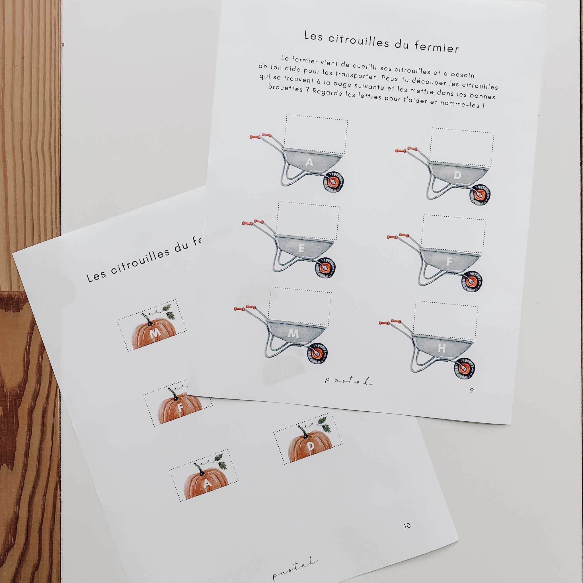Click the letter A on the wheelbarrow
[x=309, y=162]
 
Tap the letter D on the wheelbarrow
[x=457, y=175]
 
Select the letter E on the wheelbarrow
[x=301, y=248]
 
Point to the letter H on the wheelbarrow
[x=442, y=348]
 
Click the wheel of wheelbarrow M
[x=317, y=353]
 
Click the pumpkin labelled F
[x=180, y=407]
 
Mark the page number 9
[x=472, y=390]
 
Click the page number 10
[x=407, y=526]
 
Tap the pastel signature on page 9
[x=348, y=381]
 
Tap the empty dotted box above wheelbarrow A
[x=316, y=134]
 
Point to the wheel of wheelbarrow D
[x=480, y=195]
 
